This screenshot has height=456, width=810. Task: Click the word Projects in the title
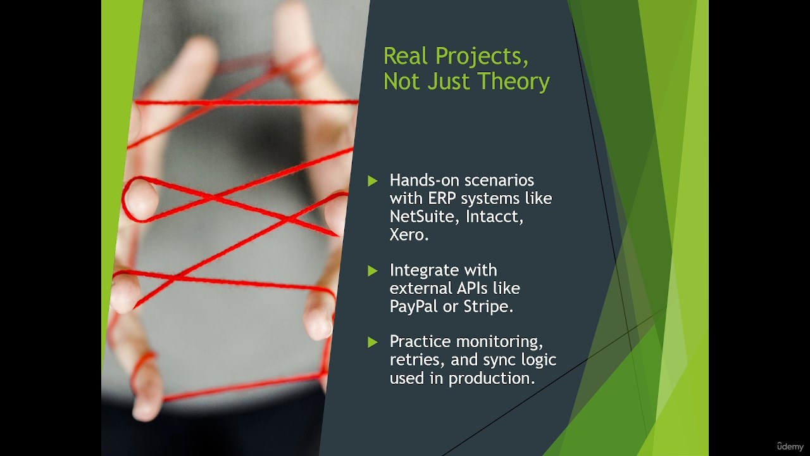pyautogui.click(x=482, y=57)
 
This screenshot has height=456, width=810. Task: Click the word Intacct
pyautogui.click(x=494, y=217)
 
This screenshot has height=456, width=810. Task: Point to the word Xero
pyautogui.click(x=409, y=234)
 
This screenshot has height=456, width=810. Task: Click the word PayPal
pyautogui.click(x=414, y=307)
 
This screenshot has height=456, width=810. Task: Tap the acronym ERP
pyautogui.click(x=442, y=198)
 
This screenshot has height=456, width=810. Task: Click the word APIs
pyautogui.click(x=472, y=288)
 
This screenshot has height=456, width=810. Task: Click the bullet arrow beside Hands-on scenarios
pyautogui.click(x=373, y=180)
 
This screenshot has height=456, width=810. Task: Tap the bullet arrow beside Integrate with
pyautogui.click(x=373, y=270)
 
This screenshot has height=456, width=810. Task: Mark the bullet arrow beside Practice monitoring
pyautogui.click(x=373, y=342)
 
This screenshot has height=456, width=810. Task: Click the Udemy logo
pyautogui.click(x=790, y=446)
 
